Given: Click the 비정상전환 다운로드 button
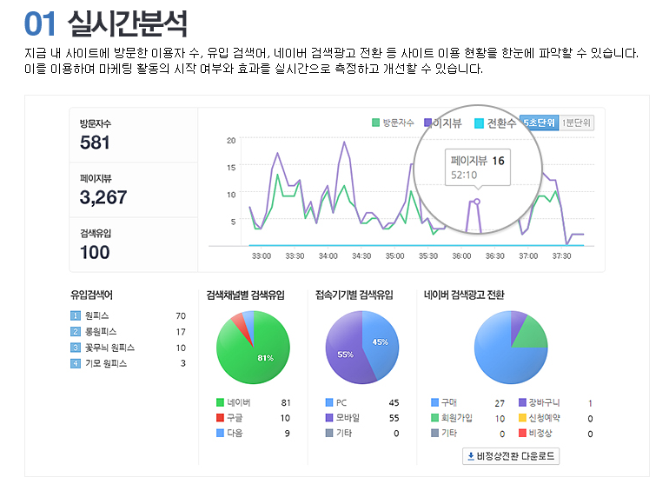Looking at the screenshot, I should pos(512,455).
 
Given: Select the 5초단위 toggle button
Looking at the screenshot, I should pos(539,123).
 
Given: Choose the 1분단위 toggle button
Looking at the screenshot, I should pos(577,123).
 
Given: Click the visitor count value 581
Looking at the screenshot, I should pos(96,143).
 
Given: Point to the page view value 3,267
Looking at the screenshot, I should pos(103,197).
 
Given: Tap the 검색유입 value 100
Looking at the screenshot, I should pos(95,252).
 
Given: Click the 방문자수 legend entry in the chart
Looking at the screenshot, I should pos(394,123).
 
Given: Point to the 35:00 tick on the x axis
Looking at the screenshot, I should pos(394,256).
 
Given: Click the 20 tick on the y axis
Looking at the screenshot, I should pos(231,140).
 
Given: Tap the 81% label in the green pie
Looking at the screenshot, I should pos(265,358).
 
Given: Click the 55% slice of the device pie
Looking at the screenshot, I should pos(345,355).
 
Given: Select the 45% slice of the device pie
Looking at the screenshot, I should pos(380,342).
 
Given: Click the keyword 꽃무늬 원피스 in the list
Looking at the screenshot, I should pos(109,348).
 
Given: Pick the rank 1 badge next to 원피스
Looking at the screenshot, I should pos(75,315).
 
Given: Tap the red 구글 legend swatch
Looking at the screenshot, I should pos(220,418).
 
